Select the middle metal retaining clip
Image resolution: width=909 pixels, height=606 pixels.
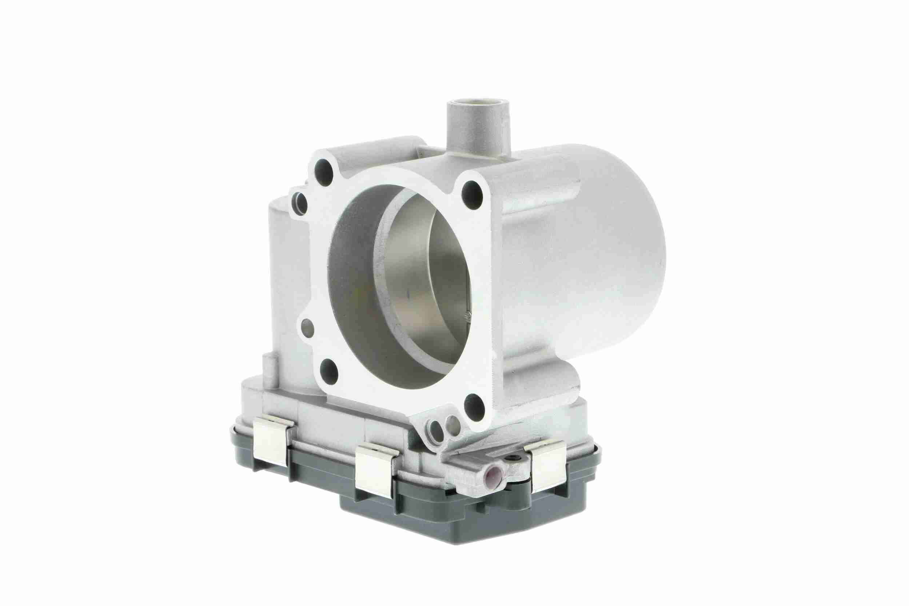tap(375, 471)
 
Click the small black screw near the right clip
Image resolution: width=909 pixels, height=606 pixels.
tap(513, 459)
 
